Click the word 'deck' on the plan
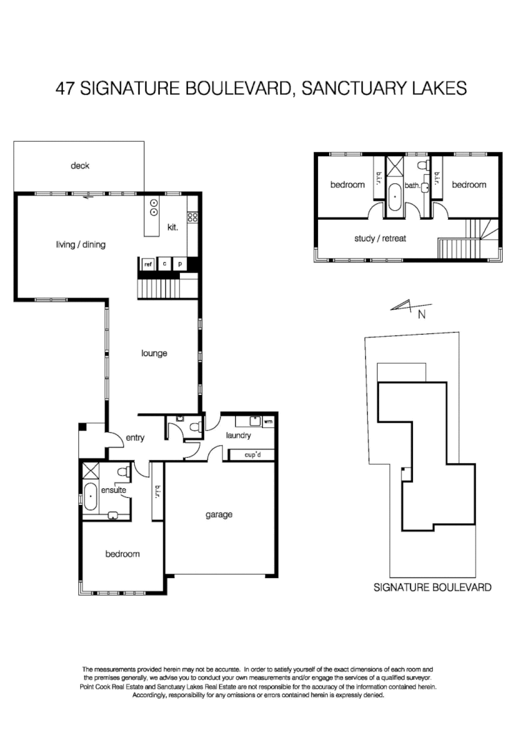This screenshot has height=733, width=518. (x=80, y=166)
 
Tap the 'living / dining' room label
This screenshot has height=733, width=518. (x=80, y=244)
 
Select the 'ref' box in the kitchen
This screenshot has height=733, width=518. (x=148, y=264)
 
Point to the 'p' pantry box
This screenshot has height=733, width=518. (x=181, y=264)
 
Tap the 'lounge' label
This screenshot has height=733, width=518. (x=154, y=353)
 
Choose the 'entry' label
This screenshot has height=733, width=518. (x=134, y=437)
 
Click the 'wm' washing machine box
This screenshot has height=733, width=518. (x=268, y=420)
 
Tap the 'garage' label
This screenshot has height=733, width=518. (x=219, y=514)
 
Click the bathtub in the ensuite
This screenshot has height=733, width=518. (x=91, y=496)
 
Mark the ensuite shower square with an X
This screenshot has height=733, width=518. (x=91, y=472)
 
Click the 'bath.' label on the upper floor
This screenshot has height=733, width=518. (x=413, y=185)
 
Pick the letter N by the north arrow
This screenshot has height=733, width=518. (x=420, y=315)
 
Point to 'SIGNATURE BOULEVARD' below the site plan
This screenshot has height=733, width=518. (x=432, y=588)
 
